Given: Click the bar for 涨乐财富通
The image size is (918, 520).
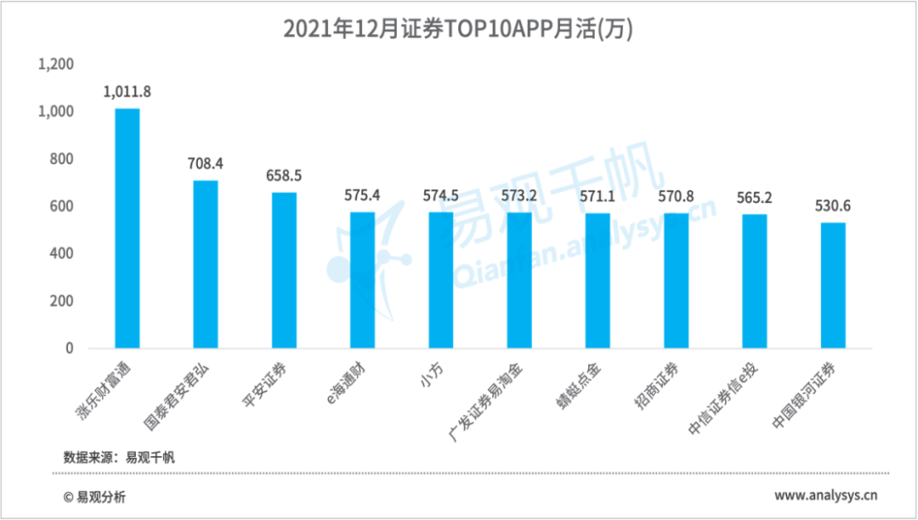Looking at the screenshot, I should click(127, 229).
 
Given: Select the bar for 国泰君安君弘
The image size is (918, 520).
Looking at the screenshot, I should click(206, 264).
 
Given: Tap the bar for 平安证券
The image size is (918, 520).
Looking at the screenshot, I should click(284, 270).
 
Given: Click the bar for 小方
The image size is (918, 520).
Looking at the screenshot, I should click(440, 280).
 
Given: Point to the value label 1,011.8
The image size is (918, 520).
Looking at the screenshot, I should click(127, 91).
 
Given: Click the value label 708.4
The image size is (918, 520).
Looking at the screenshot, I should click(206, 163).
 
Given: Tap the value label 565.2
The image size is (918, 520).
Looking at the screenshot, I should click(754, 197).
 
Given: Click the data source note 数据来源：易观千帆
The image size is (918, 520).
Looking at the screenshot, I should click(119, 457).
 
